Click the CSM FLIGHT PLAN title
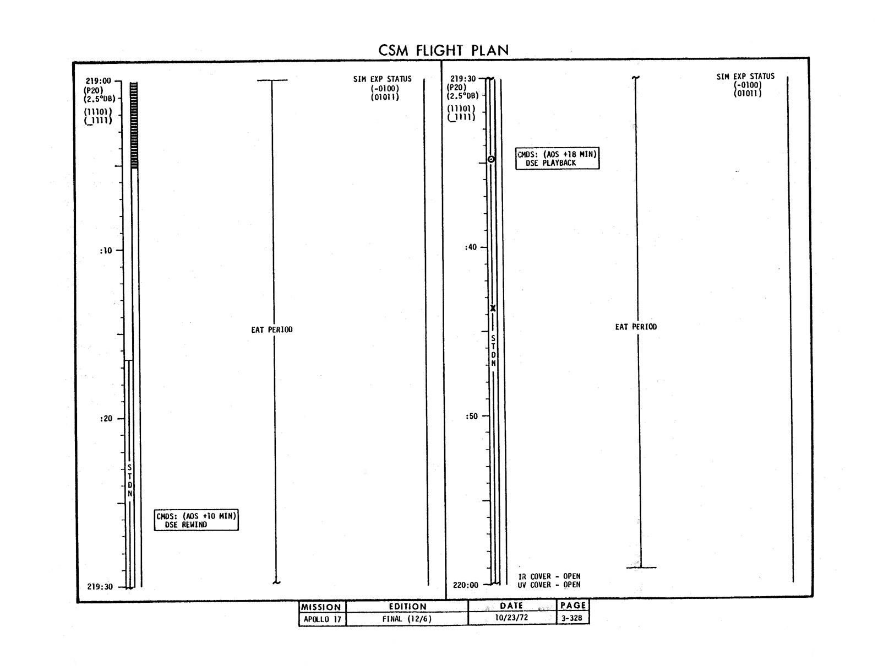pos(443,50)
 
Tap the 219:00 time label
pos(98,80)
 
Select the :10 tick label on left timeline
pos(106,251)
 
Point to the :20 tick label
pos(106,418)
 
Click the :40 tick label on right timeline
pos(471,247)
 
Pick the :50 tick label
pos(471,416)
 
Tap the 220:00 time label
pos(465,585)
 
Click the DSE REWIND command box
pos(197,520)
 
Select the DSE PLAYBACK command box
pos(557,159)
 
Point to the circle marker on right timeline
pos(491,159)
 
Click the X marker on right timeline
pos(493,309)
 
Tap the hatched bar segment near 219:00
pos(134,125)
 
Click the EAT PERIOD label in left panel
pos(272,330)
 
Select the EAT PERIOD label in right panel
pos(636,327)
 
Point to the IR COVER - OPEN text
pos(549,576)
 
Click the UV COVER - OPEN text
pos(549,585)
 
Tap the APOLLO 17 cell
pos(323,619)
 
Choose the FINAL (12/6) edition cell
pos(407,619)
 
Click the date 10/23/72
pos(511,618)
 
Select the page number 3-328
pos(571,618)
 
